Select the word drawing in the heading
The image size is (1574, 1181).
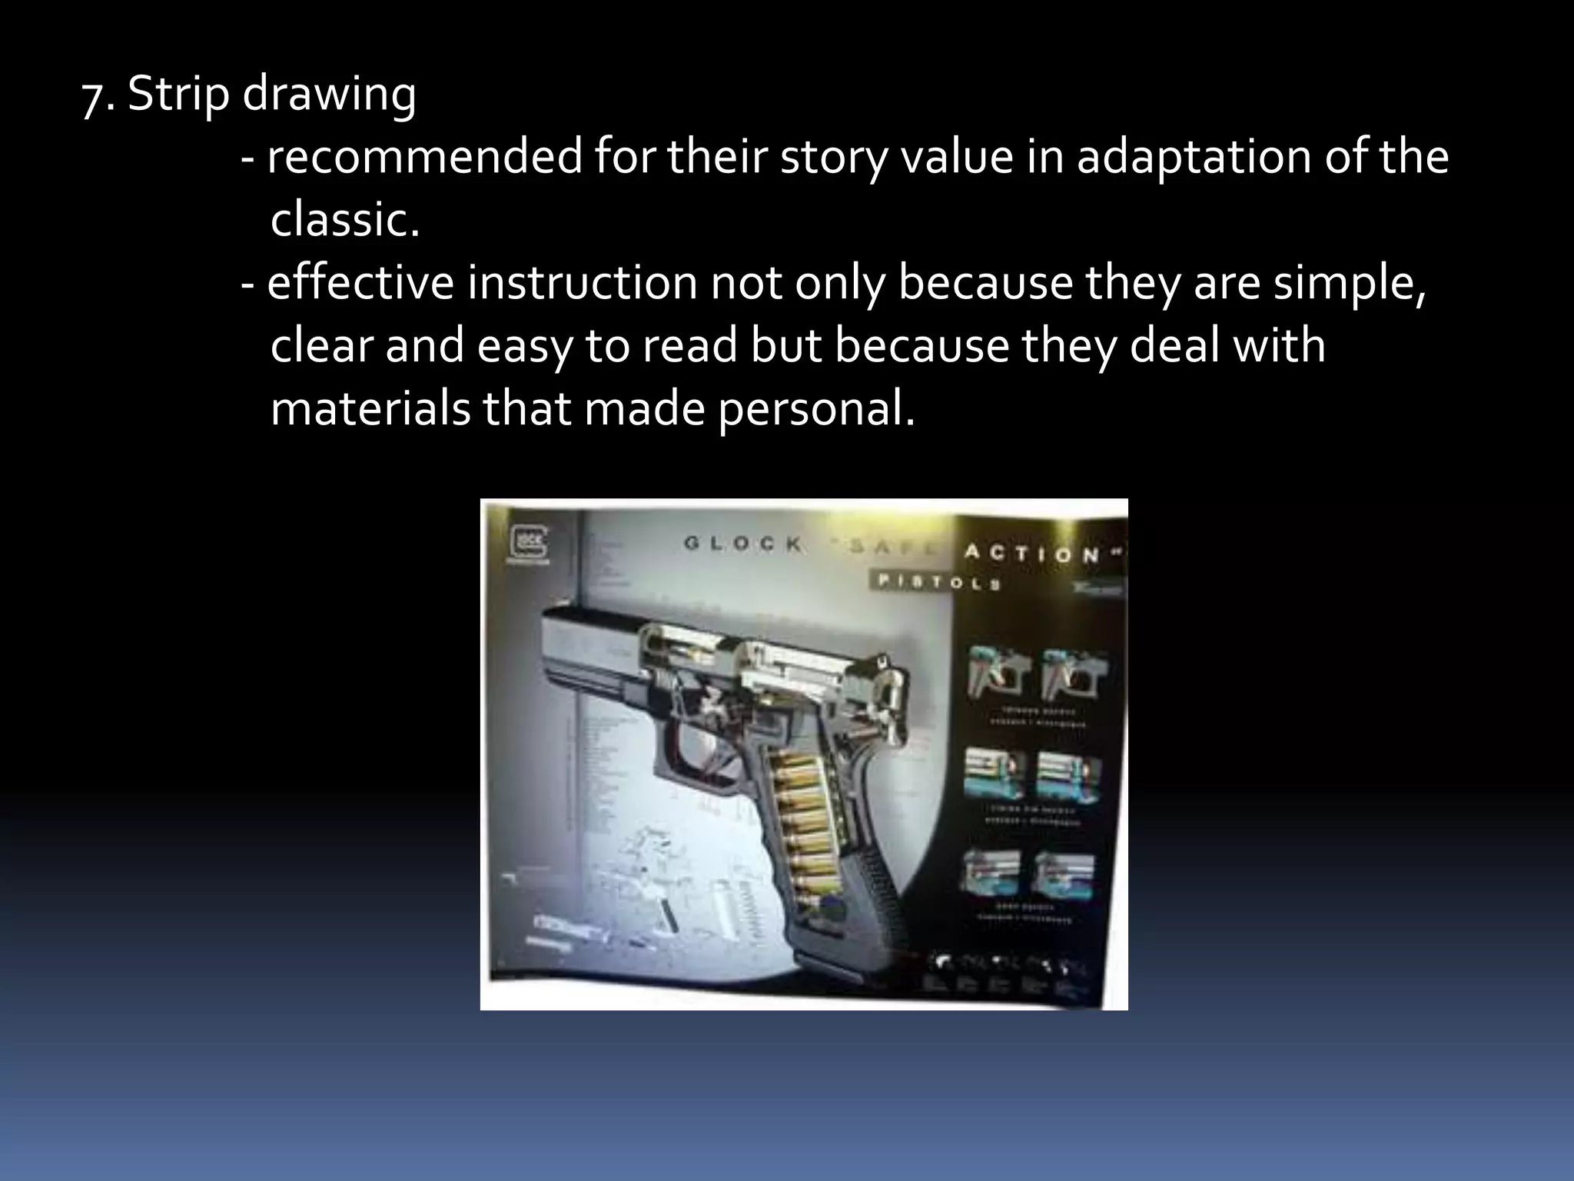(329, 96)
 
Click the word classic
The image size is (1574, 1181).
(345, 221)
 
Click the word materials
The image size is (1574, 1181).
(370, 409)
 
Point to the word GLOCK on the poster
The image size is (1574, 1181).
(743, 544)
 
